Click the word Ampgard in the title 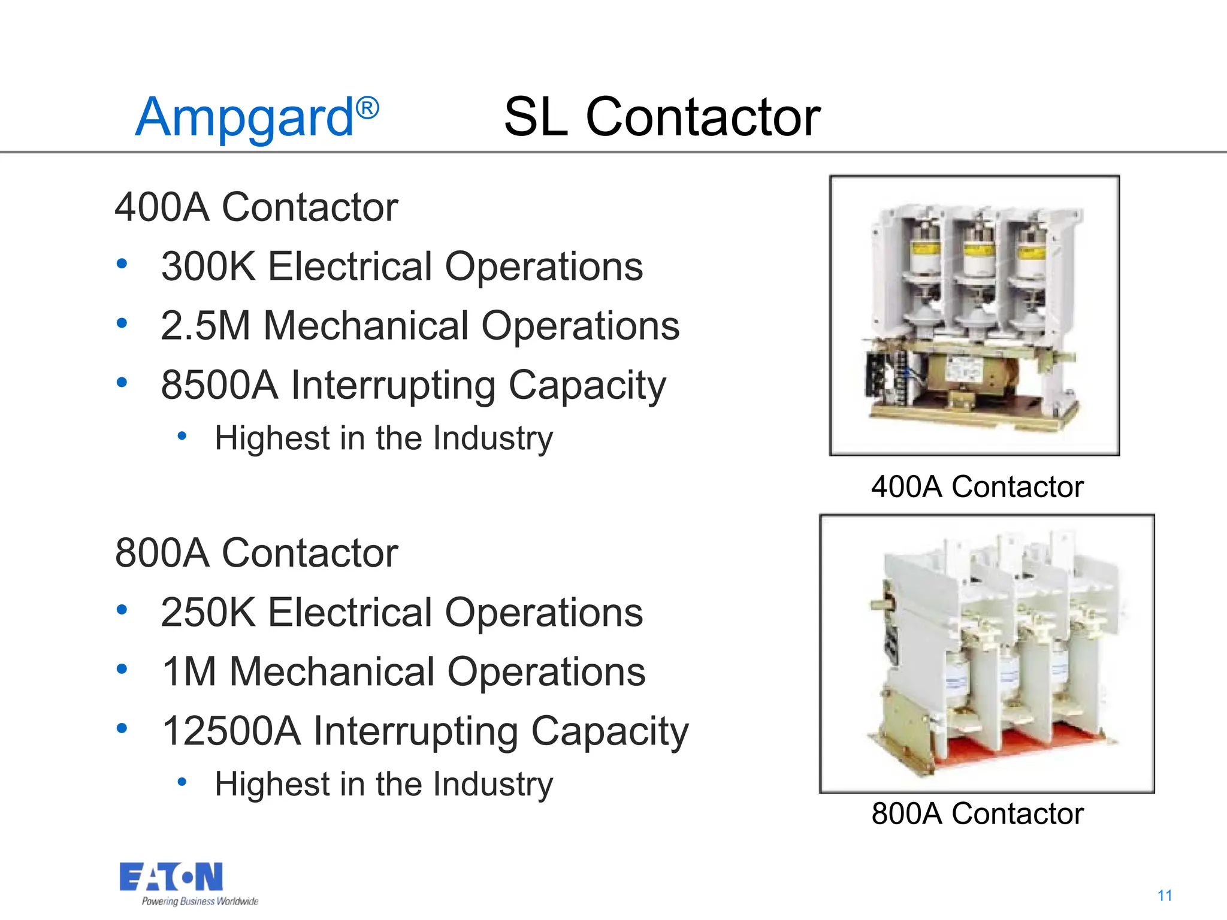click(244, 118)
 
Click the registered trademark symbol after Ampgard click(367, 108)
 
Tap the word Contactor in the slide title click(702, 117)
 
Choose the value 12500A click(231, 731)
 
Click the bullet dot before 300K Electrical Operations click(122, 264)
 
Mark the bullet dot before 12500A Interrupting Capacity click(122, 729)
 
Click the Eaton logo click(171, 877)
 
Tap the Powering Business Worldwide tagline click(200, 901)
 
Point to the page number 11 click(1165, 895)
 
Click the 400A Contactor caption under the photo click(977, 486)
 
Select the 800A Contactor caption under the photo click(977, 813)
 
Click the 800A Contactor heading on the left click(256, 553)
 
